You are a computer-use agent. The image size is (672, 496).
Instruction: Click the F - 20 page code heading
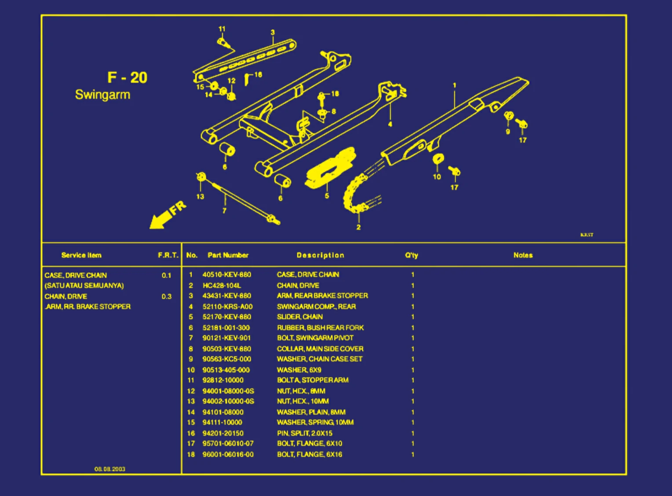[x=127, y=77]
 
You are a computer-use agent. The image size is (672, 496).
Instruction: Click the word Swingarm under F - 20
[x=102, y=95]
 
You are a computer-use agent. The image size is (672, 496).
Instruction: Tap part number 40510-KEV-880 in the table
[x=226, y=275]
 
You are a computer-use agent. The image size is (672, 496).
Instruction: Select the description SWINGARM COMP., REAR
[x=316, y=306]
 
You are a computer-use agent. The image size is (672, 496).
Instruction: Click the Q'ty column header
[x=412, y=255]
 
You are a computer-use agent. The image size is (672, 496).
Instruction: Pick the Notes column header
[x=523, y=255]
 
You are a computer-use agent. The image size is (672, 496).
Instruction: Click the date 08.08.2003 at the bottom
[x=110, y=469]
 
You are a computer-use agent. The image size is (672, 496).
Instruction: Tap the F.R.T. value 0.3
[x=166, y=296]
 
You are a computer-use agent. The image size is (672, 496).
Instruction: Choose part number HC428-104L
[x=222, y=285]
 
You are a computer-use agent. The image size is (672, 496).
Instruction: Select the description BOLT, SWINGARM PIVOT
[x=315, y=338]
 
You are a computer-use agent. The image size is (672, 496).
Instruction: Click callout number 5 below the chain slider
[x=327, y=196]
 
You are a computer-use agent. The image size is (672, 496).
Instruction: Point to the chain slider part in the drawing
[x=330, y=168]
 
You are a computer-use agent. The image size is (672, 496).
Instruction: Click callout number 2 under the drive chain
[x=358, y=227]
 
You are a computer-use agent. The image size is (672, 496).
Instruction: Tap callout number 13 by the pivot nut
[x=200, y=196]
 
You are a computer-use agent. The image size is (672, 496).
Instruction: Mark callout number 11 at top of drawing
[x=222, y=29]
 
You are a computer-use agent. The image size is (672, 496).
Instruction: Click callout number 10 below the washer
[x=437, y=177]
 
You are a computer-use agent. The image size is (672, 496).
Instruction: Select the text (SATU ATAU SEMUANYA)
[x=84, y=286]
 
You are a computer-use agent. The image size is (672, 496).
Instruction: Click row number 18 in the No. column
[x=191, y=454]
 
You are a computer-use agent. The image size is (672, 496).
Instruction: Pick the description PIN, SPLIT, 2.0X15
[x=304, y=433]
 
